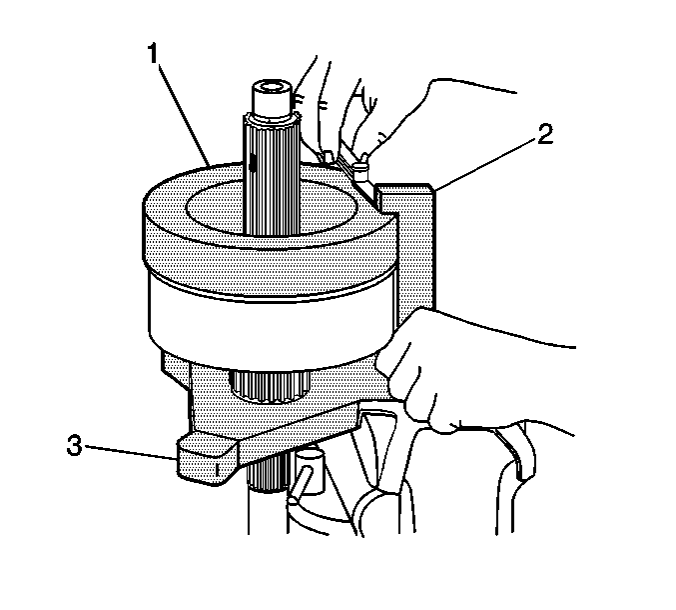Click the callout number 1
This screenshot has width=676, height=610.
(153, 54)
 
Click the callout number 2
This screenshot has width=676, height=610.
(545, 135)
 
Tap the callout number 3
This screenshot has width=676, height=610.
(74, 445)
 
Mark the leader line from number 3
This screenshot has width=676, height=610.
(130, 452)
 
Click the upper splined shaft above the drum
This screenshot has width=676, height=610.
(271, 175)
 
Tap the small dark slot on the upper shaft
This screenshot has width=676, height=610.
(253, 163)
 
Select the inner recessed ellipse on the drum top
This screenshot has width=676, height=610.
(272, 208)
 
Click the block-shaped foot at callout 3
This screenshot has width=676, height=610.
(207, 460)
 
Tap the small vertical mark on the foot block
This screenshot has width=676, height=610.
(217, 469)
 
